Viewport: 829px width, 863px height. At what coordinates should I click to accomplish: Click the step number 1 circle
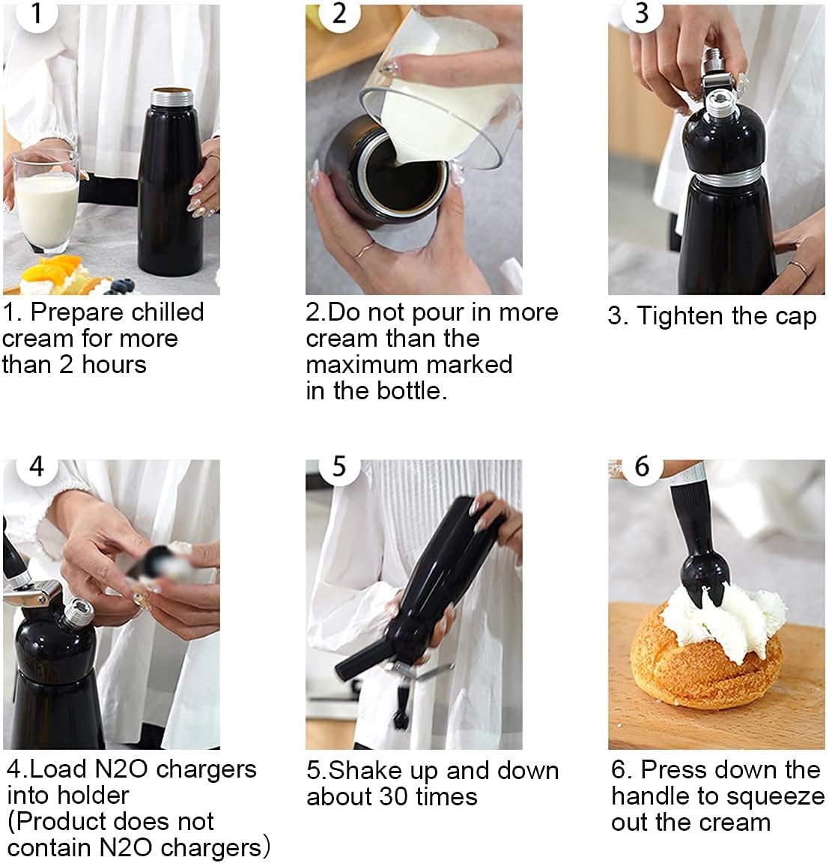[37, 13]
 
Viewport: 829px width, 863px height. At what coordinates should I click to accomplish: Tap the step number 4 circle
[37, 467]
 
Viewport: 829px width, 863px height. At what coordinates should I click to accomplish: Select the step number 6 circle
[642, 467]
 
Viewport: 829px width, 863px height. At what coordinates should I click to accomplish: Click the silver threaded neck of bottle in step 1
[173, 99]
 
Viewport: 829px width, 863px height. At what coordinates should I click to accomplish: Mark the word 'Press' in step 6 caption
[672, 770]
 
